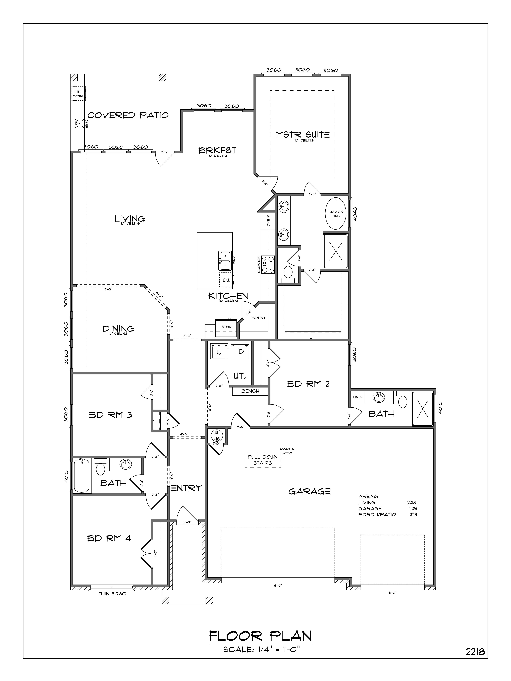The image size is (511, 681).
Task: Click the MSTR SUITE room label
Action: click(302, 134)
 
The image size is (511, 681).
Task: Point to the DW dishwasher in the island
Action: click(226, 280)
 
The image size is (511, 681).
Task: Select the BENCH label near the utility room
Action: click(250, 391)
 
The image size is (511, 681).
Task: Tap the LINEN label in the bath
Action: click(358, 397)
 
